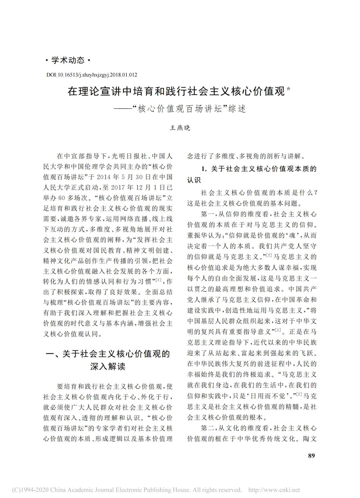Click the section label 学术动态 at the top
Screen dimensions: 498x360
(x=68, y=60)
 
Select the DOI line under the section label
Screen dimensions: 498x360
(x=91, y=75)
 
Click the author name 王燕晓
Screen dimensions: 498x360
(x=180, y=128)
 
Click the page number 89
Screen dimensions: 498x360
(x=311, y=455)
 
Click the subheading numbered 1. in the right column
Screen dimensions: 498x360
(x=252, y=174)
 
